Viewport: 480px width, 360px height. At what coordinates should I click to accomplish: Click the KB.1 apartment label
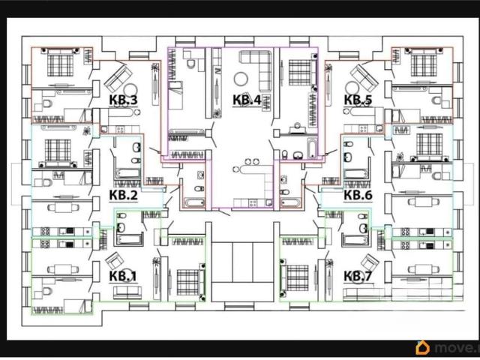click(123, 276)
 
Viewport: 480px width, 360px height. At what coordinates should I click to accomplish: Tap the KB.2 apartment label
click(123, 195)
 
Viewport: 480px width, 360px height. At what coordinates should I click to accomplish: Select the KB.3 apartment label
click(123, 100)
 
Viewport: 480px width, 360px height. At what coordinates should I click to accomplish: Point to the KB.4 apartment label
click(247, 100)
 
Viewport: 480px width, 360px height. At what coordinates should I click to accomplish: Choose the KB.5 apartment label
click(358, 100)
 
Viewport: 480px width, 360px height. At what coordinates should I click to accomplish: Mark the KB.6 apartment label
click(358, 195)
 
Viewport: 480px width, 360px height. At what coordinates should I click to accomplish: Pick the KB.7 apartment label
click(358, 276)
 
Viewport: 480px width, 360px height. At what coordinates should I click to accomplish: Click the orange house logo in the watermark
click(422, 348)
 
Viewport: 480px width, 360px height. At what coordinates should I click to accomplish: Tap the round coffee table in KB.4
click(241, 79)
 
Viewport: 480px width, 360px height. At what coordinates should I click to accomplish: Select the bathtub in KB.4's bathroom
click(311, 148)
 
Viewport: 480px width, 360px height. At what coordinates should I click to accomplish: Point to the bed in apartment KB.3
click(61, 63)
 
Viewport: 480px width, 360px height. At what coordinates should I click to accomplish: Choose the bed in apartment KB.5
click(424, 63)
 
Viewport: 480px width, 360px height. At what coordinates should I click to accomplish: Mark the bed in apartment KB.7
click(294, 278)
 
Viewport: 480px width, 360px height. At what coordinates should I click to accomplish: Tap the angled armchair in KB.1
click(115, 261)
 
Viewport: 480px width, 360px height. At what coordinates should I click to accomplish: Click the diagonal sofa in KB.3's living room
click(118, 78)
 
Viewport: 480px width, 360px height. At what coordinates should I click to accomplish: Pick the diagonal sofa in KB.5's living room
click(364, 78)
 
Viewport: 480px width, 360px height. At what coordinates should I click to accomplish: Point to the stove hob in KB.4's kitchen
click(253, 202)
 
